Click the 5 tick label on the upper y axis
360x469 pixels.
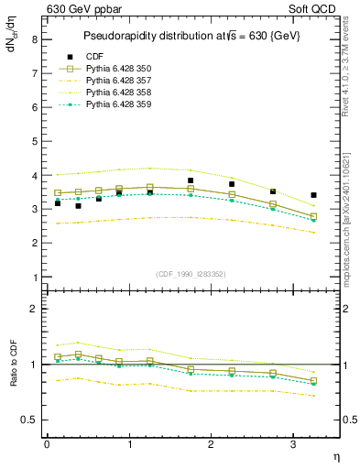34,141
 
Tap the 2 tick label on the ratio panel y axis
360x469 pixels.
34,309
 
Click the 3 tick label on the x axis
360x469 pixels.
293,443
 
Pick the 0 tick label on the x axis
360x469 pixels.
47,443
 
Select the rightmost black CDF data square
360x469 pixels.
314,195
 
